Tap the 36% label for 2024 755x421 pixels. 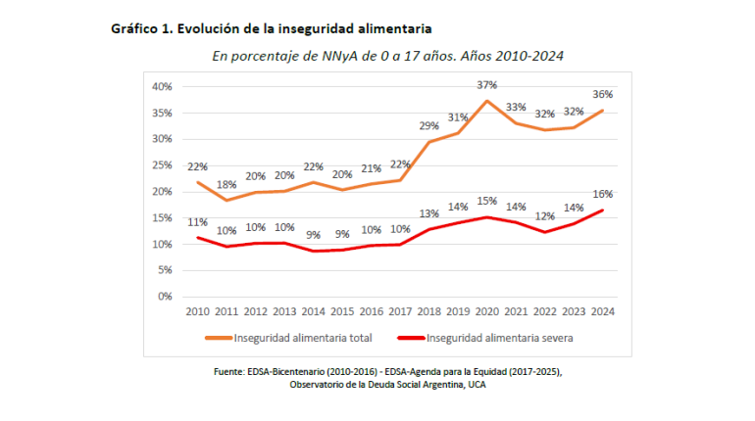[x=602, y=95]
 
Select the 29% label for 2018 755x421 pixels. [x=428, y=126]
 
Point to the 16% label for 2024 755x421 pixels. [x=602, y=194]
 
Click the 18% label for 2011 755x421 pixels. [x=226, y=184]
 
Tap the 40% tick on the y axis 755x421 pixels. [x=162, y=86]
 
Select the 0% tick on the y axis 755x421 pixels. [x=165, y=296]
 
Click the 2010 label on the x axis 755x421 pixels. [x=197, y=311]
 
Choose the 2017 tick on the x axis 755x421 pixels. [x=399, y=311]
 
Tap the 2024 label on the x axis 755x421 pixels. [x=602, y=311]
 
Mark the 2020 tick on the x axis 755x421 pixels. [x=486, y=311]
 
